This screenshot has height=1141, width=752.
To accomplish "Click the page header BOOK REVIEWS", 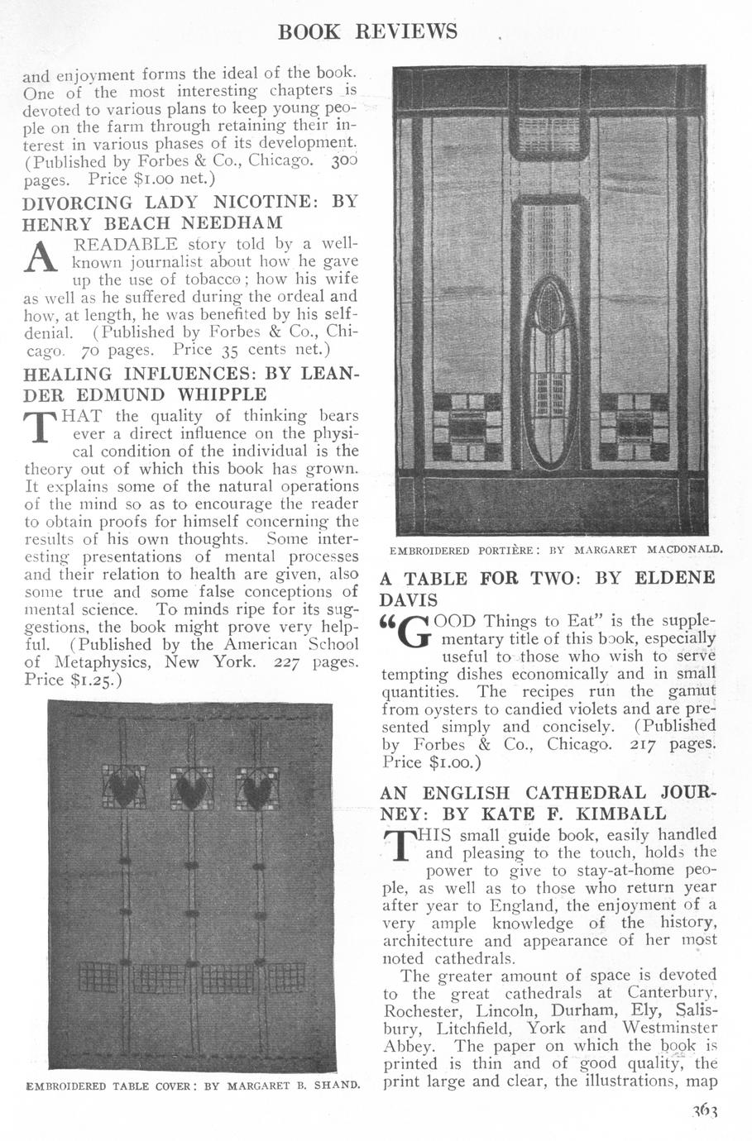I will coord(368,31).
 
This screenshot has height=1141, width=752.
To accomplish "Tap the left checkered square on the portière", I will coord(467,427).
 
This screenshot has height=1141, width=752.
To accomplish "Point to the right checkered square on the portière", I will coord(635,427).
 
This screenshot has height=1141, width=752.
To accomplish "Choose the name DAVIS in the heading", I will coord(408,599).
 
